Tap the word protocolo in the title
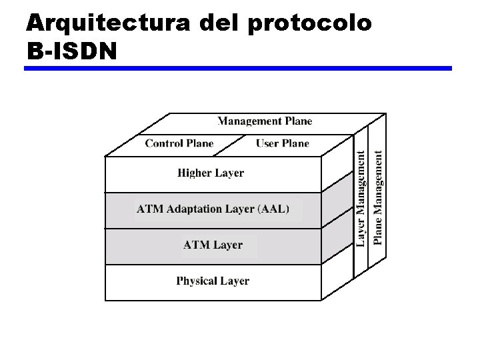click(x=309, y=23)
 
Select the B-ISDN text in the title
click(x=71, y=50)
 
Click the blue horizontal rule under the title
click(x=239, y=68)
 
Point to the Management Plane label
click(x=265, y=121)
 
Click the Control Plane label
click(x=179, y=143)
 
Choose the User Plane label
click(x=283, y=143)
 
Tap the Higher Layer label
click(x=211, y=173)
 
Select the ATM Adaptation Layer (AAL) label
click(x=213, y=209)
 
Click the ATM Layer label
click(x=213, y=245)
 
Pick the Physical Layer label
click(x=213, y=281)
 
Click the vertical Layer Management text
click(x=361, y=199)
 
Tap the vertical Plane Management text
click(x=379, y=197)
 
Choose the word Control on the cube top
click(x=163, y=143)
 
